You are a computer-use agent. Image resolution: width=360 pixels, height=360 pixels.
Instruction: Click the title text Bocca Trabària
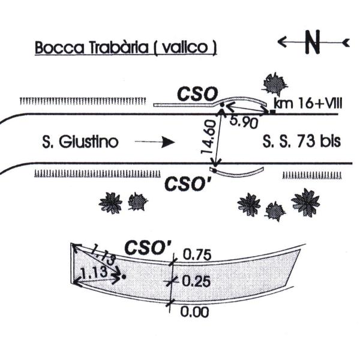tap(92, 47)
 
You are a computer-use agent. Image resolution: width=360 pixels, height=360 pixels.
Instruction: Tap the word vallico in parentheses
tap(185, 47)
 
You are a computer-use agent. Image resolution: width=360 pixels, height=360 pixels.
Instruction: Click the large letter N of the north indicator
tap(312, 42)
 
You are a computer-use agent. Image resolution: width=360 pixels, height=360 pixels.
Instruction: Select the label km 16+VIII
tap(308, 104)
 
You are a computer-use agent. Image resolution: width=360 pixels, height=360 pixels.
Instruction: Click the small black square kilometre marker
tap(272, 112)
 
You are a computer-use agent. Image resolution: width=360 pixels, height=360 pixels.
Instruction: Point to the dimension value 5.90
tap(244, 122)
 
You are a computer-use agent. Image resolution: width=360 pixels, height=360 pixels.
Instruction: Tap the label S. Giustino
tap(80, 142)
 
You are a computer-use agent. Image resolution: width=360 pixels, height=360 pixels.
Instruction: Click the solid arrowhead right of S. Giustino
tap(169, 142)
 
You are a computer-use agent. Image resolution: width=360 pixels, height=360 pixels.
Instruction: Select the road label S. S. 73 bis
tap(301, 141)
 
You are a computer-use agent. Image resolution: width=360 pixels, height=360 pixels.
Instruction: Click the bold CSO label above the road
tap(197, 94)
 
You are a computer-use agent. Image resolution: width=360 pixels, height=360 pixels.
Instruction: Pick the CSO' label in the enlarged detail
tap(148, 247)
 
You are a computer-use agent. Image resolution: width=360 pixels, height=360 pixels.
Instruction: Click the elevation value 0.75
tap(197, 254)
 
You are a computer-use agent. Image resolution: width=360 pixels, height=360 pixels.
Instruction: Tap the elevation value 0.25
tap(196, 281)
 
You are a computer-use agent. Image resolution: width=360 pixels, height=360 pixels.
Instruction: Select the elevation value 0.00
tap(194, 312)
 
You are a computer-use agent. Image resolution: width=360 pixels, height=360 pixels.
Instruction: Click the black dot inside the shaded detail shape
tap(124, 277)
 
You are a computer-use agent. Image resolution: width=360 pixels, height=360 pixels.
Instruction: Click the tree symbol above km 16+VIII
tap(275, 85)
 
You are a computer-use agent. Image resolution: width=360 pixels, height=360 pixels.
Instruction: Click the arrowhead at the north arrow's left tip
tap(281, 42)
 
